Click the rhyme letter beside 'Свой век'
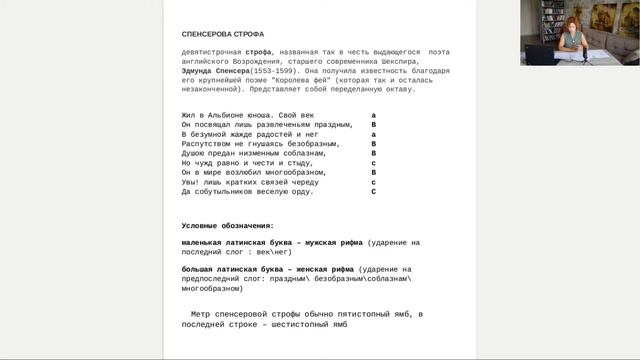pos(373,116)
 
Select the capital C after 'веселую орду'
pos(373,191)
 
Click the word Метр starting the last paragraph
pos(201,315)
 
